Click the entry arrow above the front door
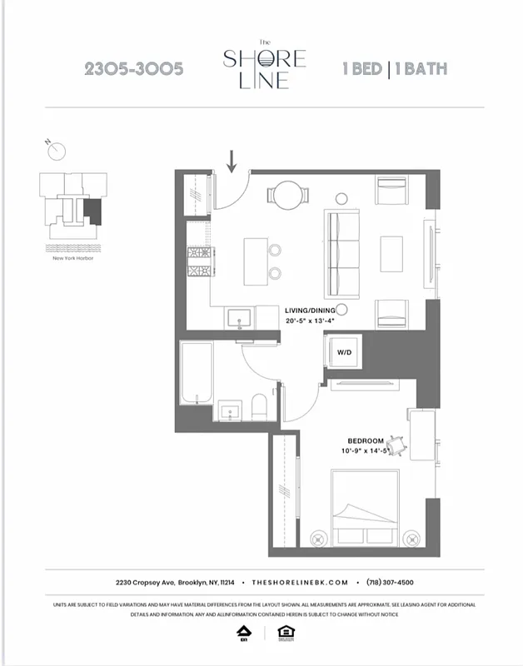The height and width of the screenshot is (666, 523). click(x=232, y=159)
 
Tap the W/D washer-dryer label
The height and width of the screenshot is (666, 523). click(x=344, y=352)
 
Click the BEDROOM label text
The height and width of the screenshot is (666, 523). click(x=366, y=440)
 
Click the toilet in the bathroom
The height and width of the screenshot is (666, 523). click(x=258, y=407)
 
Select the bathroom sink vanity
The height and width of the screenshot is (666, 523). click(x=231, y=410)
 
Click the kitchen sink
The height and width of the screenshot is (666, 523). click(x=240, y=317)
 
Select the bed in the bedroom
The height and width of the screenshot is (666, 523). click(x=365, y=509)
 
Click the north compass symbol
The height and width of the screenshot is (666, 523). click(x=57, y=151)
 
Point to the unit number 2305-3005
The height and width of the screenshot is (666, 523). click(x=133, y=69)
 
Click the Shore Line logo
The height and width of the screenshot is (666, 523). click(x=264, y=64)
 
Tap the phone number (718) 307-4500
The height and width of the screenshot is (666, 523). click(x=384, y=583)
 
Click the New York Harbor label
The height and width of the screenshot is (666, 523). click(x=72, y=258)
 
